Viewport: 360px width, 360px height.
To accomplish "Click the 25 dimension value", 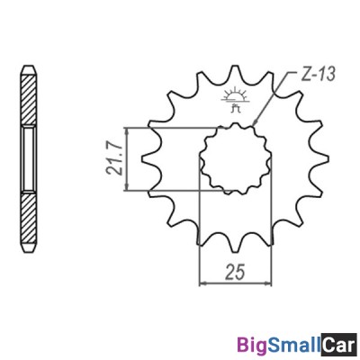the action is coord(236,272).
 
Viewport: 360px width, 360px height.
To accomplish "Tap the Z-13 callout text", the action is coord(318,74).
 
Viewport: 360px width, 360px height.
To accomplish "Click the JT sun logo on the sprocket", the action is coord(234,100).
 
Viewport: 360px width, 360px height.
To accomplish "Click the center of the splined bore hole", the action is coord(236,158).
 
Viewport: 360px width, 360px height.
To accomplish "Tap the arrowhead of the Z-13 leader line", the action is coord(255,122).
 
